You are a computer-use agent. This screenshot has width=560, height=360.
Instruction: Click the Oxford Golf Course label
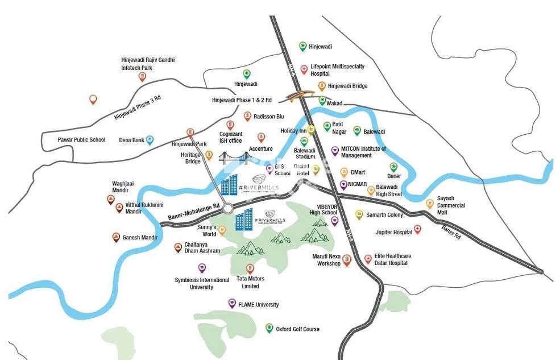(297, 329)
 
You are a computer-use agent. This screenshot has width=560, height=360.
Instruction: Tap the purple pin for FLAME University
(232, 303)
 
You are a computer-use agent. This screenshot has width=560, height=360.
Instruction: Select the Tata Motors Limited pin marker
(250, 268)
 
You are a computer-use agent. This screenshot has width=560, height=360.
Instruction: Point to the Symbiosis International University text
(202, 283)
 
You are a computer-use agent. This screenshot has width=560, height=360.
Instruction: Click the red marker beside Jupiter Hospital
(417, 229)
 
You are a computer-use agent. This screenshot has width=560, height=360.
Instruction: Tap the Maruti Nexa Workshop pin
(346, 260)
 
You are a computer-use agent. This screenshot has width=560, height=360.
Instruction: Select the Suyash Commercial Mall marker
(430, 204)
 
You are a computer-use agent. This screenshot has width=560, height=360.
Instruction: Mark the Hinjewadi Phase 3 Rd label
(138, 107)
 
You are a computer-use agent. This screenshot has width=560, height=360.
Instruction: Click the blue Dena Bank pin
(150, 139)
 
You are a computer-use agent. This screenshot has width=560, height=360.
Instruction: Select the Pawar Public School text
(81, 140)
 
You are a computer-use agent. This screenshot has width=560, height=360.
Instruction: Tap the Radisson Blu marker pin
(247, 116)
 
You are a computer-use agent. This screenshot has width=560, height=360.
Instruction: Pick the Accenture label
(260, 149)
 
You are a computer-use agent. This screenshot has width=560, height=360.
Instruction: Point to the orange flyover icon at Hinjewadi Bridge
(300, 96)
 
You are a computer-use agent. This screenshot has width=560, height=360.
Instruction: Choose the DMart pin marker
(344, 172)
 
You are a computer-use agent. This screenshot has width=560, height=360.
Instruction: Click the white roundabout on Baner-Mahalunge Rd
(228, 209)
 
